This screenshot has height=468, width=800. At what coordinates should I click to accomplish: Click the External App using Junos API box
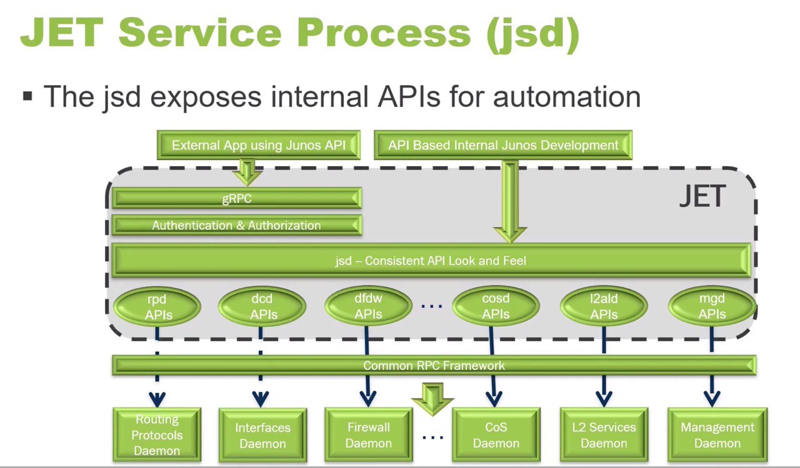(x=259, y=144)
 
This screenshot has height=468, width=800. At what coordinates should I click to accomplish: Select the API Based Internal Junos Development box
(x=503, y=144)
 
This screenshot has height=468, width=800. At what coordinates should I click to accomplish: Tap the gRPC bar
(x=237, y=198)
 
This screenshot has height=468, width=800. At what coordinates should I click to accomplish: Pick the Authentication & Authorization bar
(x=237, y=226)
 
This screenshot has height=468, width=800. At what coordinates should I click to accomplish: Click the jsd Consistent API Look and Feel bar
(x=431, y=260)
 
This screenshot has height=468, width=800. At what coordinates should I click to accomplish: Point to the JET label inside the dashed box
(x=702, y=196)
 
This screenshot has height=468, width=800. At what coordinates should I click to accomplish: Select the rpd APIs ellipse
(x=157, y=307)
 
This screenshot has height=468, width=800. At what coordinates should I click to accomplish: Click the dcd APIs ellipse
(x=262, y=306)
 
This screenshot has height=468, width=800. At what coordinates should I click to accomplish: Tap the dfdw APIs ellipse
(x=368, y=306)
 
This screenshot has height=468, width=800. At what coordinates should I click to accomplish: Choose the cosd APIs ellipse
(x=496, y=306)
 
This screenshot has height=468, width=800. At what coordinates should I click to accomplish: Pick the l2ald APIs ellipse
(x=604, y=306)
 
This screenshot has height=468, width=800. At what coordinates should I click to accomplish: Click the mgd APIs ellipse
(x=712, y=306)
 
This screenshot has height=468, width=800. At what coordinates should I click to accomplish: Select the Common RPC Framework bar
(x=434, y=365)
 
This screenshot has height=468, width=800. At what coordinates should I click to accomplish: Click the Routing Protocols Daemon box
(x=157, y=435)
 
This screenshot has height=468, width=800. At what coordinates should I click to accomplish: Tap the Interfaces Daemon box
(x=263, y=435)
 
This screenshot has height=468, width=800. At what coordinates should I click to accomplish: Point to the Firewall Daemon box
(x=369, y=435)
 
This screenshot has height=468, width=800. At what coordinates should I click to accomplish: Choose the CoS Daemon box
(x=496, y=435)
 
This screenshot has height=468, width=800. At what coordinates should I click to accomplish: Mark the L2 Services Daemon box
(x=604, y=435)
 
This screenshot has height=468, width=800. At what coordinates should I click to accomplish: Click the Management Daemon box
(x=717, y=435)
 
